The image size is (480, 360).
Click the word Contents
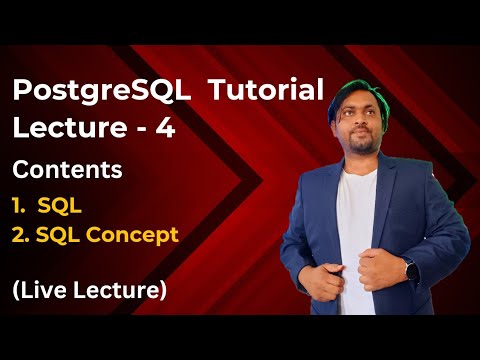click(x=68, y=169)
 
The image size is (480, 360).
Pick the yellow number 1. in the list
click(x=21, y=205)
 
